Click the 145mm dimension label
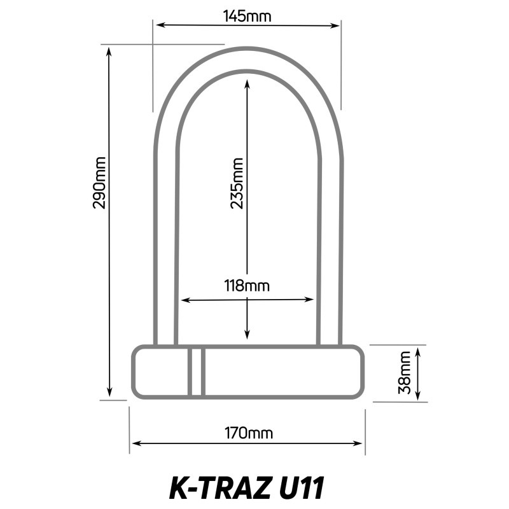(x=248, y=17)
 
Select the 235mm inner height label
(x=237, y=184)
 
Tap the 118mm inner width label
(x=247, y=286)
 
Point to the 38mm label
(x=403, y=374)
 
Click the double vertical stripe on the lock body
(x=196, y=372)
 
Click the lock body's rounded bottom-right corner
(x=358, y=392)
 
